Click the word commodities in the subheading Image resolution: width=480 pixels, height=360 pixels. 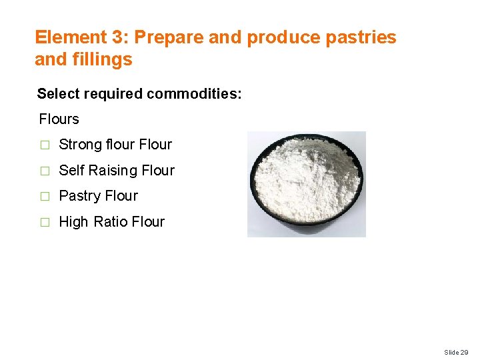coord(194,94)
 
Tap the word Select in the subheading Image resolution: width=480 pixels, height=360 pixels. coord(57,94)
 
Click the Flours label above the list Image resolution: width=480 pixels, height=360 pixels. coord(59,119)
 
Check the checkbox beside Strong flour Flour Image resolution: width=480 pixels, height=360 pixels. coord(44,145)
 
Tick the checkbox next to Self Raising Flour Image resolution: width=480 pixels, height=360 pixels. coord(44,171)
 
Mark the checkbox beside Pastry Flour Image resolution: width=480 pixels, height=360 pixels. coord(44,197)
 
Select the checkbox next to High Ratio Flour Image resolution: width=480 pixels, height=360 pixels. coord(44,223)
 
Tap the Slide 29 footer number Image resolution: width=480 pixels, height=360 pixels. coord(456,351)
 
